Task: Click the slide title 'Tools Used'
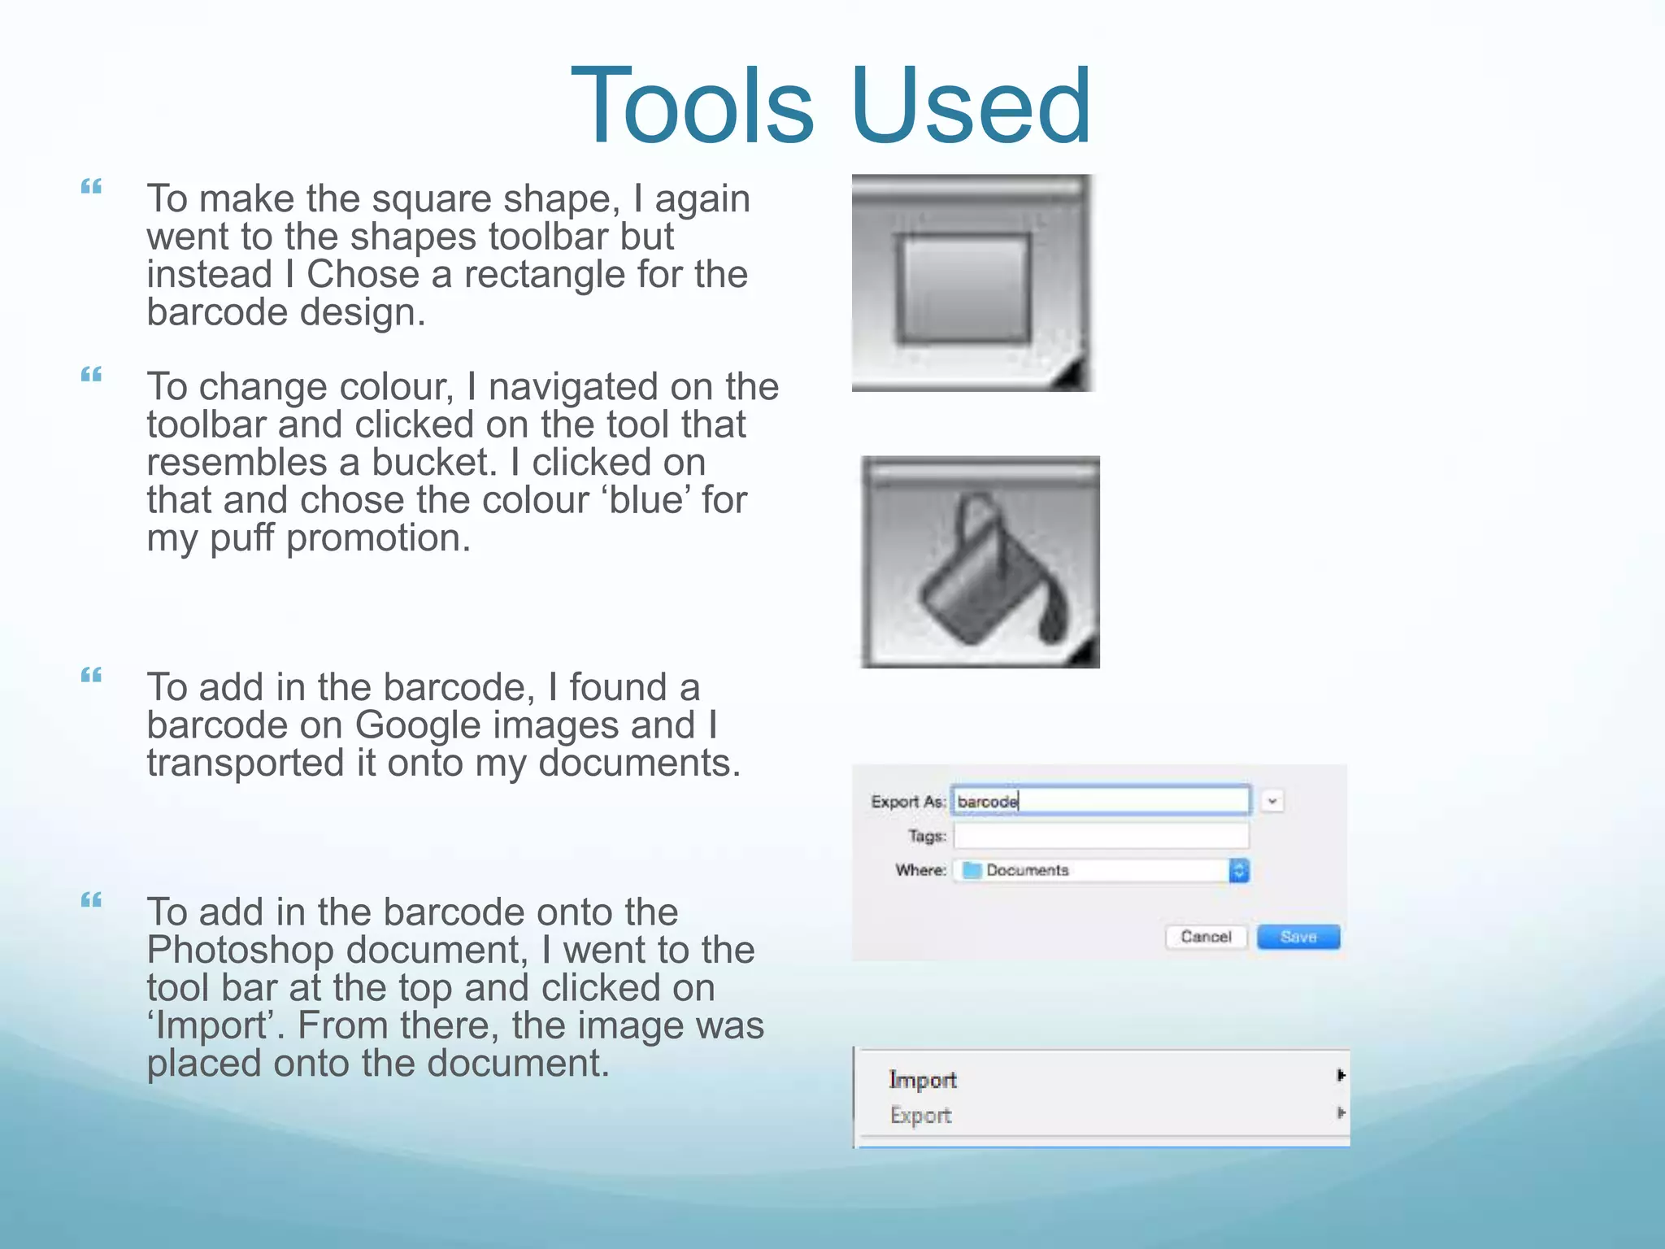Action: tap(831, 106)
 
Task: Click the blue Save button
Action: tap(1298, 937)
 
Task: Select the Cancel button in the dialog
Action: tap(1206, 937)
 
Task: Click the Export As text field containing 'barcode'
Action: tap(1101, 801)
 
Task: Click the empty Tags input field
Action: tap(1101, 836)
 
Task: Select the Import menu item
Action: tap(923, 1079)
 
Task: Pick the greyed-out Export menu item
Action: tap(920, 1115)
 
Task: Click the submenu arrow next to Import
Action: tap(1340, 1076)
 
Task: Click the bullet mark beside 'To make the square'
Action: tap(91, 187)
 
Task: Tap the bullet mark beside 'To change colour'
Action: tap(91, 375)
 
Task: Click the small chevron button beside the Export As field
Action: tap(1272, 801)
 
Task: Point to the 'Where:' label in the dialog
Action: tap(920, 870)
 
